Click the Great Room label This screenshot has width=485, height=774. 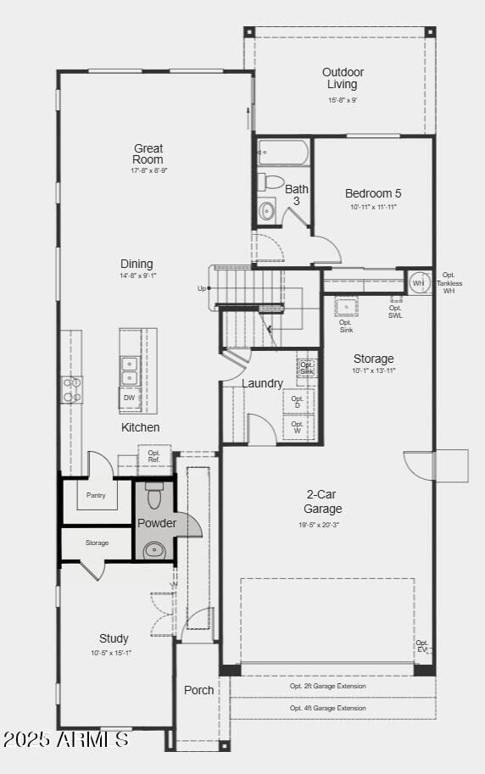pos(148,154)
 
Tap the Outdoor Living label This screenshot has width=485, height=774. pos(343,78)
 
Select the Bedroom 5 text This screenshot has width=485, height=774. pos(373,193)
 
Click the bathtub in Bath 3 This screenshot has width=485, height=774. pos(283,153)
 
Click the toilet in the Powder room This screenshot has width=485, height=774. pos(153,495)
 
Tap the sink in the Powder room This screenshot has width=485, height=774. pos(154,550)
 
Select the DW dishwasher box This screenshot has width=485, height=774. pos(129,398)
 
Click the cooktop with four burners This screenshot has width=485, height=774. pos(72,389)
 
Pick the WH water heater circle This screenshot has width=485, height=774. pos(419,282)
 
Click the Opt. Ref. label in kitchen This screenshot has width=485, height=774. pos(154,456)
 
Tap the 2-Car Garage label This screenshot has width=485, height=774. pos(323,502)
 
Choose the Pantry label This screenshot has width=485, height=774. pos(96,495)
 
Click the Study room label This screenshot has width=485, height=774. pos(114,638)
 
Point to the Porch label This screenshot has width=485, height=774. pos(199,690)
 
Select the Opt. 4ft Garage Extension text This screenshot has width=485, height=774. pos(328,708)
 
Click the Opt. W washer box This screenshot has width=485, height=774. pos(298,426)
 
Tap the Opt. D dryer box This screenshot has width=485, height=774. pos(298,401)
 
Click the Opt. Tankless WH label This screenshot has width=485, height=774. pos(449,282)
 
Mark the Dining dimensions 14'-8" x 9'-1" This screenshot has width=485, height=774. pos(138,276)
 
